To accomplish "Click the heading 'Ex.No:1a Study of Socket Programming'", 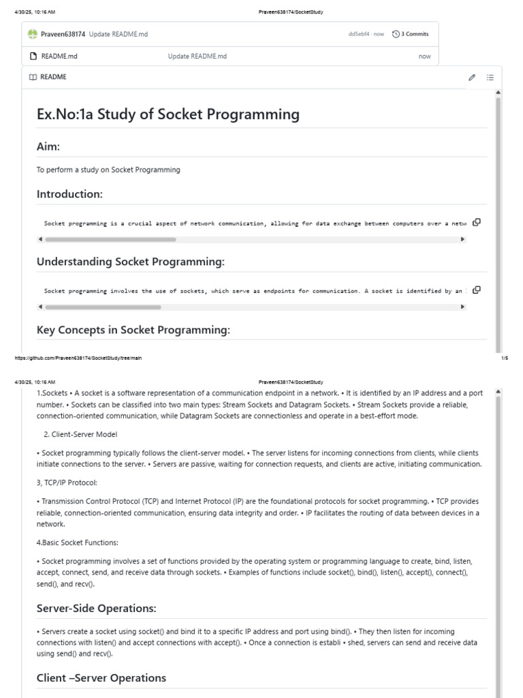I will pyautogui.click(x=168, y=114).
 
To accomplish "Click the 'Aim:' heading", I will pyautogui.click(x=48, y=147).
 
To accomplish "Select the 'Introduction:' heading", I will pyautogui.click(x=69, y=194).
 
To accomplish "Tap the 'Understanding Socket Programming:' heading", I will pyautogui.click(x=130, y=262).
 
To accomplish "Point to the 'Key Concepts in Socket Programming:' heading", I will pyautogui.click(x=133, y=330).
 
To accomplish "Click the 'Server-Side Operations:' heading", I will pyautogui.click(x=96, y=608).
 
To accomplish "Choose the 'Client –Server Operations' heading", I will pyautogui.click(x=101, y=678).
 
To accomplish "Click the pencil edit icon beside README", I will pyautogui.click(x=471, y=77).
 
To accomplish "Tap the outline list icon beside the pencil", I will pyautogui.click(x=490, y=77).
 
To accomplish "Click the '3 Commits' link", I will pyautogui.click(x=411, y=33).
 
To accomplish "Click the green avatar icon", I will pyautogui.click(x=33, y=33).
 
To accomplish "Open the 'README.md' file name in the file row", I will pyautogui.click(x=59, y=56).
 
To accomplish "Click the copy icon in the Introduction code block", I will pyautogui.click(x=477, y=222).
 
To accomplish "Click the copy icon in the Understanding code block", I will pyautogui.click(x=477, y=290).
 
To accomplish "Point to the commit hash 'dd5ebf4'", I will pyautogui.click(x=359, y=33).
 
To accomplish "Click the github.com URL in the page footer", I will pyautogui.click(x=78, y=358).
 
